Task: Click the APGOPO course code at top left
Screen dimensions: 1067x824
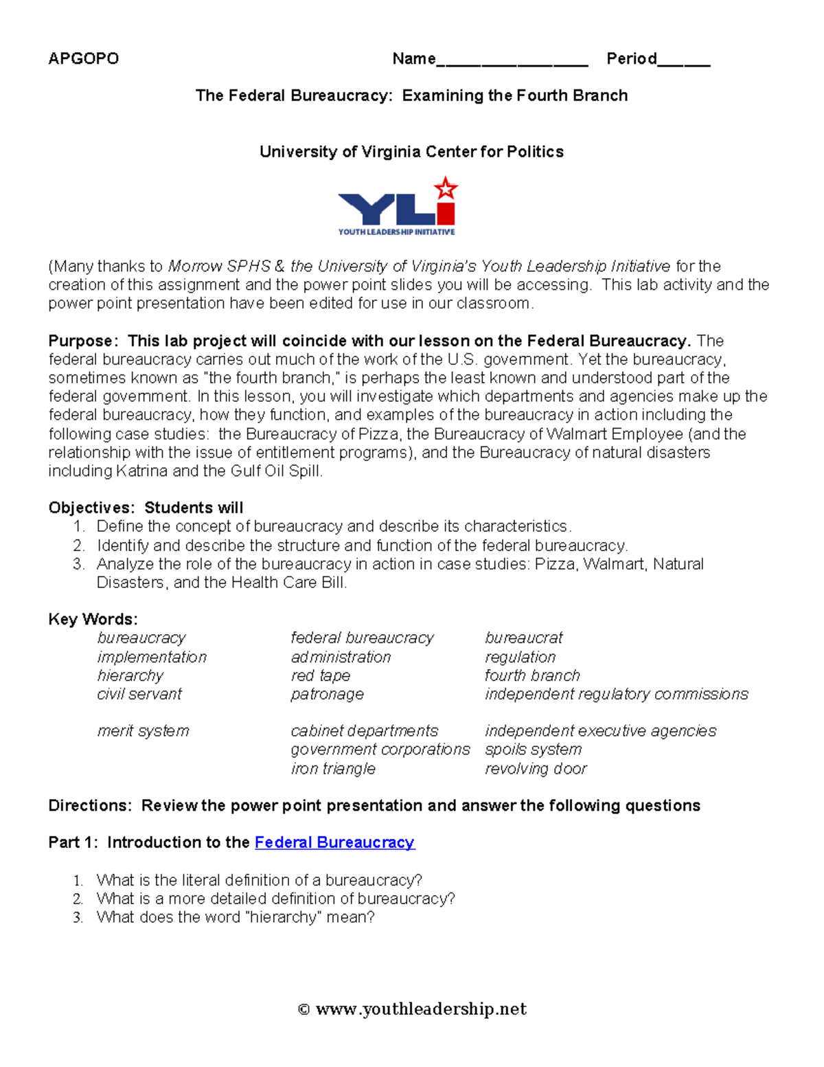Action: [x=83, y=58]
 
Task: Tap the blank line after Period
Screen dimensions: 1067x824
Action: [x=683, y=63]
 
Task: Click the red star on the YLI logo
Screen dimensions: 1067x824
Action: [x=446, y=188]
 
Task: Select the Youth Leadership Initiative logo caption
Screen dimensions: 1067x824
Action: [x=396, y=232]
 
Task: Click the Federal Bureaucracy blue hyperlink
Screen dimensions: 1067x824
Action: [x=334, y=842]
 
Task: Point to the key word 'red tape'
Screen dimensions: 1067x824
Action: [x=320, y=675]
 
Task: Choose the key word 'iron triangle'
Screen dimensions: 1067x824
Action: [x=333, y=768]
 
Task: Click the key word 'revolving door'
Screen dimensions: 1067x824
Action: [x=536, y=768]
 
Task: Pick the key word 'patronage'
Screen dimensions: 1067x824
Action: [x=327, y=694]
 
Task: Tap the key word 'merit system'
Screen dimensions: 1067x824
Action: [x=143, y=731]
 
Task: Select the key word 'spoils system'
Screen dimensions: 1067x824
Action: [x=533, y=750]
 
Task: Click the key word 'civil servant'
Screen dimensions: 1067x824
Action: [x=139, y=694]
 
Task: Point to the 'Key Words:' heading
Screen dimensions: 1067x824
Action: [x=93, y=619]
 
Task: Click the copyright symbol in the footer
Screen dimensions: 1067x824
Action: [x=304, y=1009]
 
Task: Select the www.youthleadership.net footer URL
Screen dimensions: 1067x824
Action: [x=421, y=1009]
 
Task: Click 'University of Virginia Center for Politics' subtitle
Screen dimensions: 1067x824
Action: [x=411, y=152]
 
